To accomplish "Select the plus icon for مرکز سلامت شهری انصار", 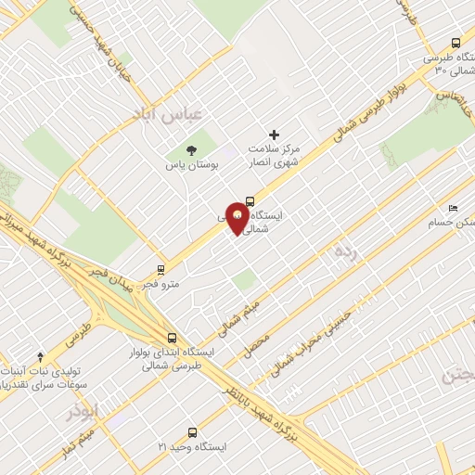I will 274,135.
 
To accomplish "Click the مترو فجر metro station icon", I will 162,271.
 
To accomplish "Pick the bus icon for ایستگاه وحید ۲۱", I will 192,431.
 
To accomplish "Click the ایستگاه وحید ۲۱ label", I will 191,447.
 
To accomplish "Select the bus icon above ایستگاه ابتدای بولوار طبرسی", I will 170,339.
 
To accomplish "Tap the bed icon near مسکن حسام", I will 452,208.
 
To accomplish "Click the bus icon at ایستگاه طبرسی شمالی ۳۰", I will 455,43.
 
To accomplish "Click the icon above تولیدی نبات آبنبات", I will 40,356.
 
